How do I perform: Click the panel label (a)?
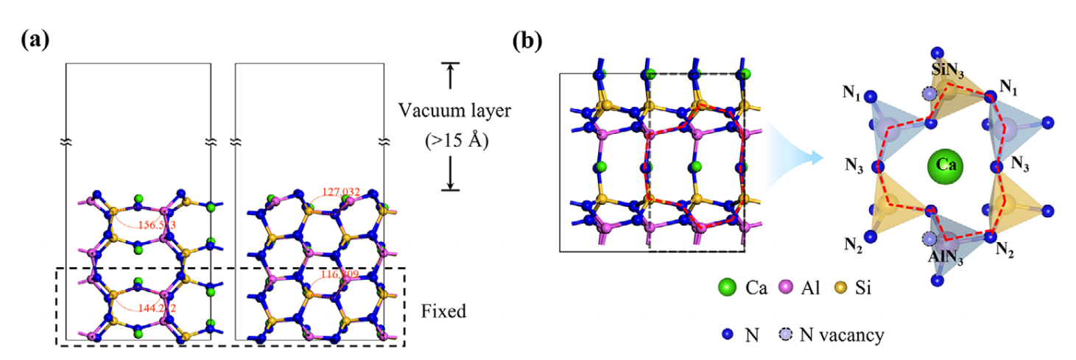35,40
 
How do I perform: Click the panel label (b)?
527,40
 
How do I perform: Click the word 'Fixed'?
443,311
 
